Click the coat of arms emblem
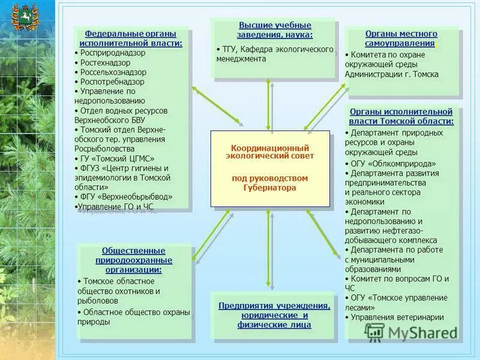tap(25, 17)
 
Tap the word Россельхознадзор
tap(113, 72)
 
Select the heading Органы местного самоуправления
tap(401, 38)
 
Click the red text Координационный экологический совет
tap(270, 152)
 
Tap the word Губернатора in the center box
tap(270, 188)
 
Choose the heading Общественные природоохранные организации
tap(134, 260)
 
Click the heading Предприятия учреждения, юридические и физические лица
tap(274, 315)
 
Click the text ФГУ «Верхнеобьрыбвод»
tap(127, 197)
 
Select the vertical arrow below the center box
tap(270, 249)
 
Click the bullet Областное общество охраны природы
tap(134, 317)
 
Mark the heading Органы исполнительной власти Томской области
tap(401, 116)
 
